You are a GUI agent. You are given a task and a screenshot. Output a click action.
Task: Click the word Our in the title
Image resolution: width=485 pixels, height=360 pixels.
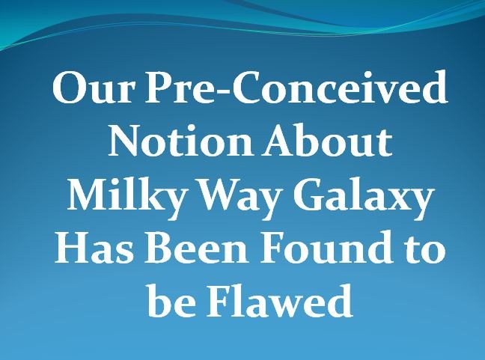tap(94, 87)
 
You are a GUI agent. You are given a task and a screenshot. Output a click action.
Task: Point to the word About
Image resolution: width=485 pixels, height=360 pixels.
tap(327, 140)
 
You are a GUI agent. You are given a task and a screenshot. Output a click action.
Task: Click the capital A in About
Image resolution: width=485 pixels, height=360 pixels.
tap(280, 140)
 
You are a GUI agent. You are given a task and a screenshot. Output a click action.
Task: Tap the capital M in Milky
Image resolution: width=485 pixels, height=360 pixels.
tap(88, 195)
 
